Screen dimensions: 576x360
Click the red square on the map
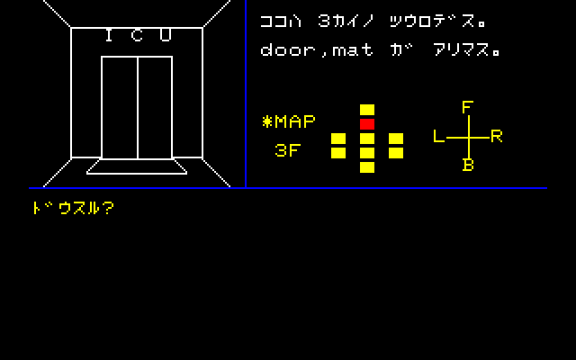(x=367, y=124)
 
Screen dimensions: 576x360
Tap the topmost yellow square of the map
(x=367, y=110)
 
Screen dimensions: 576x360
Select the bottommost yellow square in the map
(x=367, y=167)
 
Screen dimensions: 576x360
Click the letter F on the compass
(x=467, y=107)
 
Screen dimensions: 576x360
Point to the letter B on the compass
(x=468, y=165)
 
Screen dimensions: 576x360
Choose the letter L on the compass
(x=439, y=136)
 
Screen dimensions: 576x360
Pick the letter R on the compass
(x=496, y=136)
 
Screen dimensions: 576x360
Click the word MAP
(x=295, y=121)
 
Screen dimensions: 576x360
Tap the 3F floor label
(x=288, y=150)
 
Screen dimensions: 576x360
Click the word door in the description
(x=288, y=49)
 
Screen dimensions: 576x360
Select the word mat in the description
(x=353, y=49)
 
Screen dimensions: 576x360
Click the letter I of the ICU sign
(x=109, y=35)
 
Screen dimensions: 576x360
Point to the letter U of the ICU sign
(x=166, y=35)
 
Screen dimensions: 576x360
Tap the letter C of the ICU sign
(x=137, y=35)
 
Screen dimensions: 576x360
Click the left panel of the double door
(x=120, y=108)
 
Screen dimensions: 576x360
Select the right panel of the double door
(x=155, y=108)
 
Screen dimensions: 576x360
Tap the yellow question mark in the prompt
(x=108, y=208)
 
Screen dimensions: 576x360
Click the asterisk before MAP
(x=267, y=121)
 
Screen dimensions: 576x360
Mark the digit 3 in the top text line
(x=324, y=21)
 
